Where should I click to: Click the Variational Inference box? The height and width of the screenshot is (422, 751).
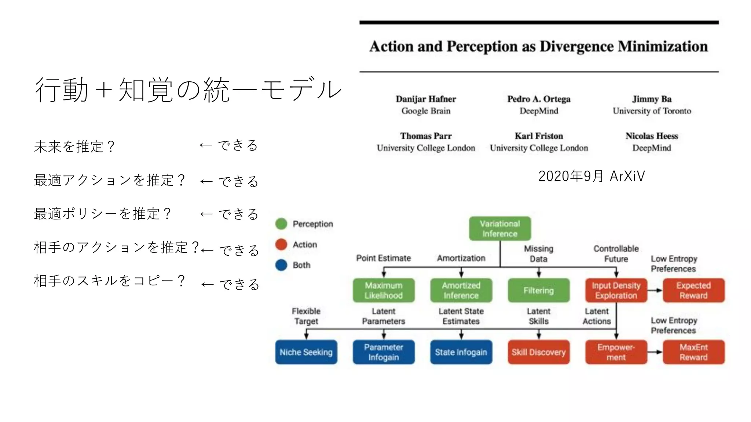coord(500,229)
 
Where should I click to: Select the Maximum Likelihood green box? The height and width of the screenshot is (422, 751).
coord(384,290)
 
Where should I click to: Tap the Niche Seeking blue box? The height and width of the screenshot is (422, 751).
coord(306,352)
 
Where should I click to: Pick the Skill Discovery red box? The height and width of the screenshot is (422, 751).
coord(539,352)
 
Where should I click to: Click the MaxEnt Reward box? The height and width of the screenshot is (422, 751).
coord(693,352)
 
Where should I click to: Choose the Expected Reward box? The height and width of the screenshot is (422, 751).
coord(693,290)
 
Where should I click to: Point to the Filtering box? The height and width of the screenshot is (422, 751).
coord(539,290)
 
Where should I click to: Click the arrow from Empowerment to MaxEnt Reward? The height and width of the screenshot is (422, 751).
coord(655,352)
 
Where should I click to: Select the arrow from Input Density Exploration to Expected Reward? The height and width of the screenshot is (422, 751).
coord(655,290)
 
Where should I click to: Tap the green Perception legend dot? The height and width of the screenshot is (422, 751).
coord(281,224)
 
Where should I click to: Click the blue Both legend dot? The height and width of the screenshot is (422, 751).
coord(281,265)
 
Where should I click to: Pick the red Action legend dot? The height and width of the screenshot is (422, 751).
coord(281,244)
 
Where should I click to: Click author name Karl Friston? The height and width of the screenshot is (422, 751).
coord(539,136)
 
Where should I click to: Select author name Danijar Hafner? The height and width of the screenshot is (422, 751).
coord(426,99)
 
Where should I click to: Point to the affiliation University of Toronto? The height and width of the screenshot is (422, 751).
coord(652,111)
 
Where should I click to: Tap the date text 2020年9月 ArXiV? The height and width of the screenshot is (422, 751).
coord(591,176)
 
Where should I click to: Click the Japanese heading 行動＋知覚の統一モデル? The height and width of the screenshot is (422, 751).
coord(188,90)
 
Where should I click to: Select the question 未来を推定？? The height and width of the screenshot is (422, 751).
coord(74,147)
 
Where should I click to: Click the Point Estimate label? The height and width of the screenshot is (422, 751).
coord(384,258)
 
